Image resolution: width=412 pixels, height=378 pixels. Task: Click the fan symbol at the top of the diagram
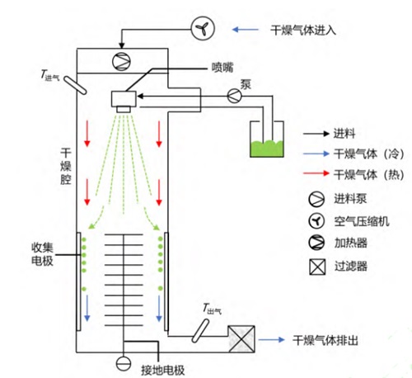[203, 28]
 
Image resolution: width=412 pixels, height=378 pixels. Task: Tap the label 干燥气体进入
[303, 30]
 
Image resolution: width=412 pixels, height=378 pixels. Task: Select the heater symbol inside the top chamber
[121, 61]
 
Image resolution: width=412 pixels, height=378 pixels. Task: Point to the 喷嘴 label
[222, 68]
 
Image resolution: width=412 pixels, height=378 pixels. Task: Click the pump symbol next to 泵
[235, 96]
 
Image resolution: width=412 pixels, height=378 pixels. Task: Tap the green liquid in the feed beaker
[266, 149]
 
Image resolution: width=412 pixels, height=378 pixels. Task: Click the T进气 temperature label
[50, 75]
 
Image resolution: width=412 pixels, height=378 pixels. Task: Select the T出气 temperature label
[212, 309]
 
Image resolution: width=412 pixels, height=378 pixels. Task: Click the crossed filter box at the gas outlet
[241, 339]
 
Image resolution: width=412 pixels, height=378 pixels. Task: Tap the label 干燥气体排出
[325, 340]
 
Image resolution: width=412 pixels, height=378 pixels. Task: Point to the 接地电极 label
[162, 370]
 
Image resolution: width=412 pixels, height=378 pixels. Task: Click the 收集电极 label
[42, 254]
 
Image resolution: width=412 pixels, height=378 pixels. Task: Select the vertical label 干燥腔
[66, 166]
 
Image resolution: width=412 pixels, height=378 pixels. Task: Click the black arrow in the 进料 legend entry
[316, 134]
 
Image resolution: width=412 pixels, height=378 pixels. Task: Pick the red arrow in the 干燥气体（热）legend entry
[316, 173]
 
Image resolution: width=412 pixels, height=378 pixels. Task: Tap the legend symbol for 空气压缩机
[316, 221]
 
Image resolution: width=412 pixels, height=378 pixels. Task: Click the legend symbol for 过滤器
[317, 267]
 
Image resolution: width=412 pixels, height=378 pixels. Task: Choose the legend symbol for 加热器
[316, 243]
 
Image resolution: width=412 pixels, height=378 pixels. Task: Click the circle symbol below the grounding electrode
[124, 364]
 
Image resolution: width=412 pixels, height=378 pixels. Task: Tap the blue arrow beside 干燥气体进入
[246, 30]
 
